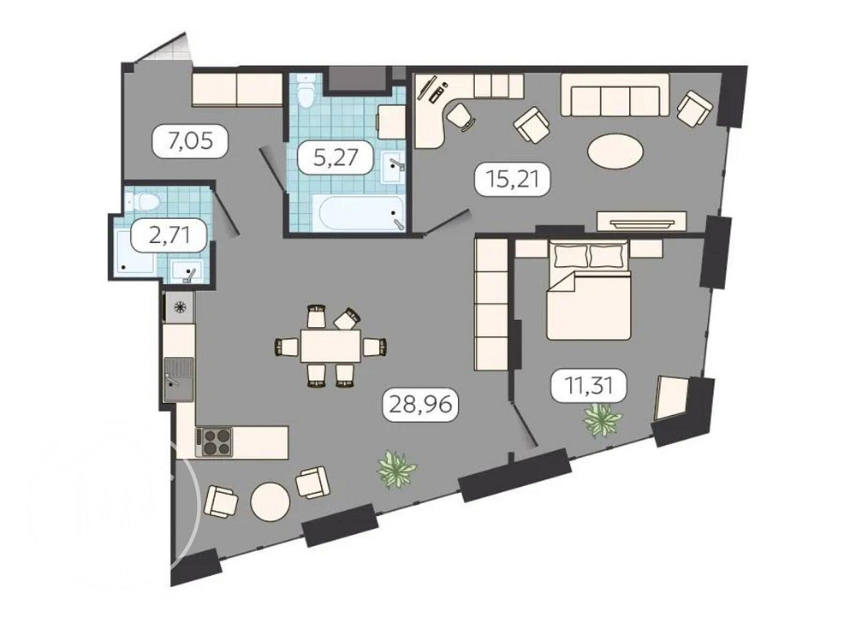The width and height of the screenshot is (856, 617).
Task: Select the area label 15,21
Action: pos(511,180)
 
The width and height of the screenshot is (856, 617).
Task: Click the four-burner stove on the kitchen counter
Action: pos(215,442)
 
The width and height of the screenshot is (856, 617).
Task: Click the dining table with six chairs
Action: pos(330,346)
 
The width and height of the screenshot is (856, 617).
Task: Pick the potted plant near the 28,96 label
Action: pos(396,469)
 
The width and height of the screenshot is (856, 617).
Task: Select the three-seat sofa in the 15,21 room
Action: pos(615,95)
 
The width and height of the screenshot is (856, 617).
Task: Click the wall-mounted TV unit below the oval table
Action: pos(641,222)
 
